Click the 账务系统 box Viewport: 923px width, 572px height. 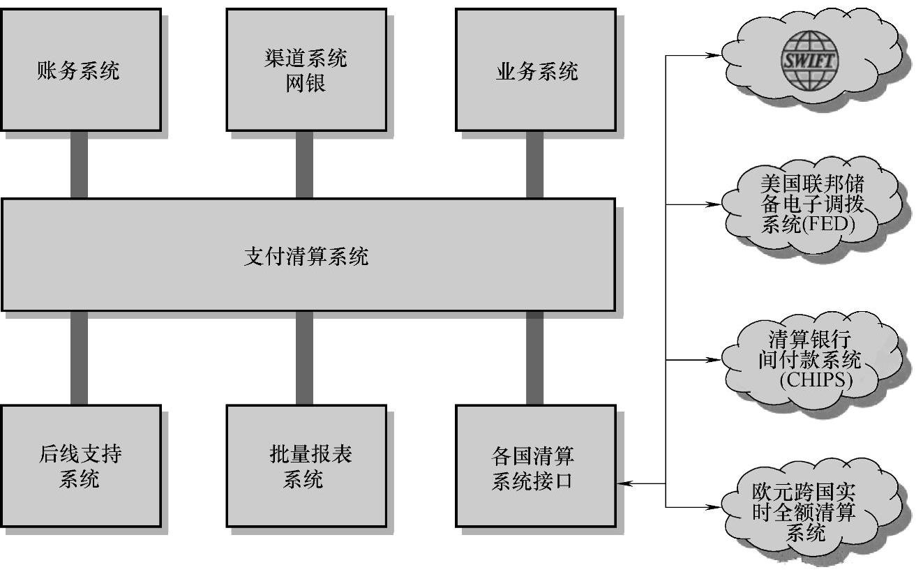(80, 70)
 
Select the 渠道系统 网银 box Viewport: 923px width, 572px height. (306, 70)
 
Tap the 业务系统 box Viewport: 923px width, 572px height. (535, 70)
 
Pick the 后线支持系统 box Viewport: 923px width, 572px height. (80, 466)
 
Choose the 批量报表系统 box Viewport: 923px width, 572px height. (306, 466)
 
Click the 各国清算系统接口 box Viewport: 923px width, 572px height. (535, 466)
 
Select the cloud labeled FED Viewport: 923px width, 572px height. (812, 204)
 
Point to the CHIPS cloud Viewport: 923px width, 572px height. (811, 360)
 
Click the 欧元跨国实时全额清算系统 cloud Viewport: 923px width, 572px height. (811, 513)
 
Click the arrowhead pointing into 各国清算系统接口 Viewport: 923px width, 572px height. (623, 483)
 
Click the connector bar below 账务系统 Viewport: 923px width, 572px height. (80, 165)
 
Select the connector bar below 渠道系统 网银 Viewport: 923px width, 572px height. (305, 165)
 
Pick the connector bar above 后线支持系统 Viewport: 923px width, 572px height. (80, 358)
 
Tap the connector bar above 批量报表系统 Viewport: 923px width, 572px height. (305, 358)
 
